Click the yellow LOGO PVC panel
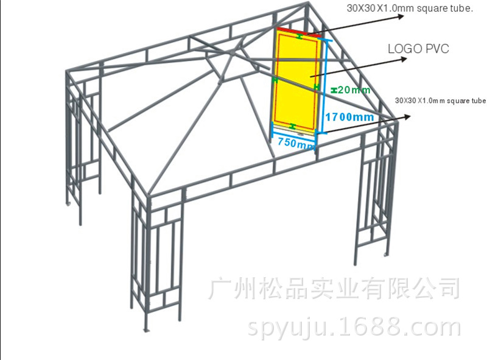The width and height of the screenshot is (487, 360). (x=295, y=82)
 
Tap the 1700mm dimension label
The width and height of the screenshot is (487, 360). (x=348, y=116)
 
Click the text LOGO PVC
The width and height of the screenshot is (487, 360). (x=418, y=49)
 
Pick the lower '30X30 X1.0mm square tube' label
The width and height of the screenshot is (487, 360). (x=440, y=101)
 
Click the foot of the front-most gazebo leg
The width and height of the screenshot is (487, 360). (x=146, y=330)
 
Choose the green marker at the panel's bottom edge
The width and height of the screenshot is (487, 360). (x=293, y=126)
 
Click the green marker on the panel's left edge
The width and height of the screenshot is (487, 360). (x=275, y=80)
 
